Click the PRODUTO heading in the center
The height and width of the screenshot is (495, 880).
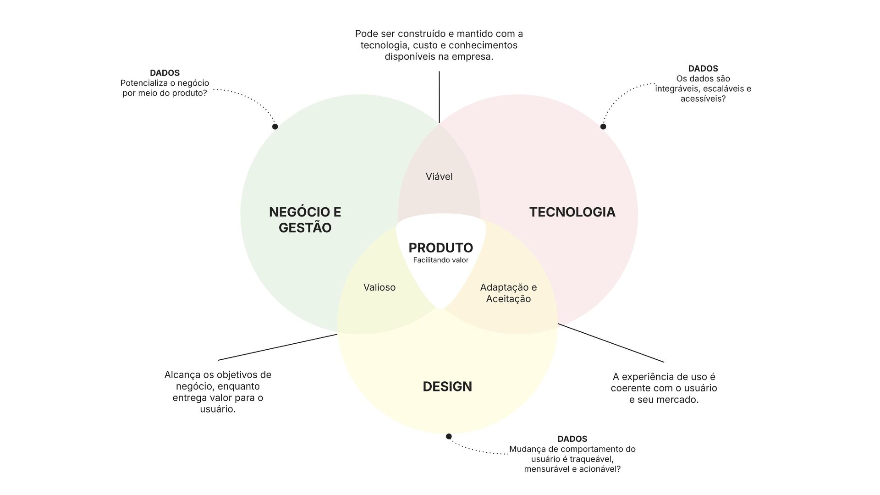click(440, 248)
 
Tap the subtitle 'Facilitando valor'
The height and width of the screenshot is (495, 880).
click(440, 260)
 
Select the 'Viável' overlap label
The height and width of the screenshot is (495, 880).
click(439, 177)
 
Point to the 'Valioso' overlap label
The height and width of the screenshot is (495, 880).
click(379, 287)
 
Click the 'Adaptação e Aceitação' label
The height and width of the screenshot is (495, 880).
click(508, 293)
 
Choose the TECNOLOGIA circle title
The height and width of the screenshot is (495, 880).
click(572, 212)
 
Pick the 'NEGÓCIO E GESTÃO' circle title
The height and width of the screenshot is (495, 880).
click(305, 220)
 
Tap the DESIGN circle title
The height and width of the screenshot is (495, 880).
click(447, 387)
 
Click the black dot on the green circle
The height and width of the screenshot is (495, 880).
click(275, 126)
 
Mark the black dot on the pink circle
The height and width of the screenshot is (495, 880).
click(603, 126)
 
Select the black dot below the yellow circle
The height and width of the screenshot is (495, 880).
click(449, 436)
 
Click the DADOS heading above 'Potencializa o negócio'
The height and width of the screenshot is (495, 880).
click(165, 73)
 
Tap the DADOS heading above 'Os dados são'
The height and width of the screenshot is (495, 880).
click(703, 69)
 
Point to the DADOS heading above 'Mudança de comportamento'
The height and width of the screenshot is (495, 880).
click(572, 439)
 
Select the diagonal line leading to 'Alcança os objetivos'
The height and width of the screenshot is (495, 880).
click(277, 347)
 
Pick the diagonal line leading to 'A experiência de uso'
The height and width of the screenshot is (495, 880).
click(611, 343)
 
